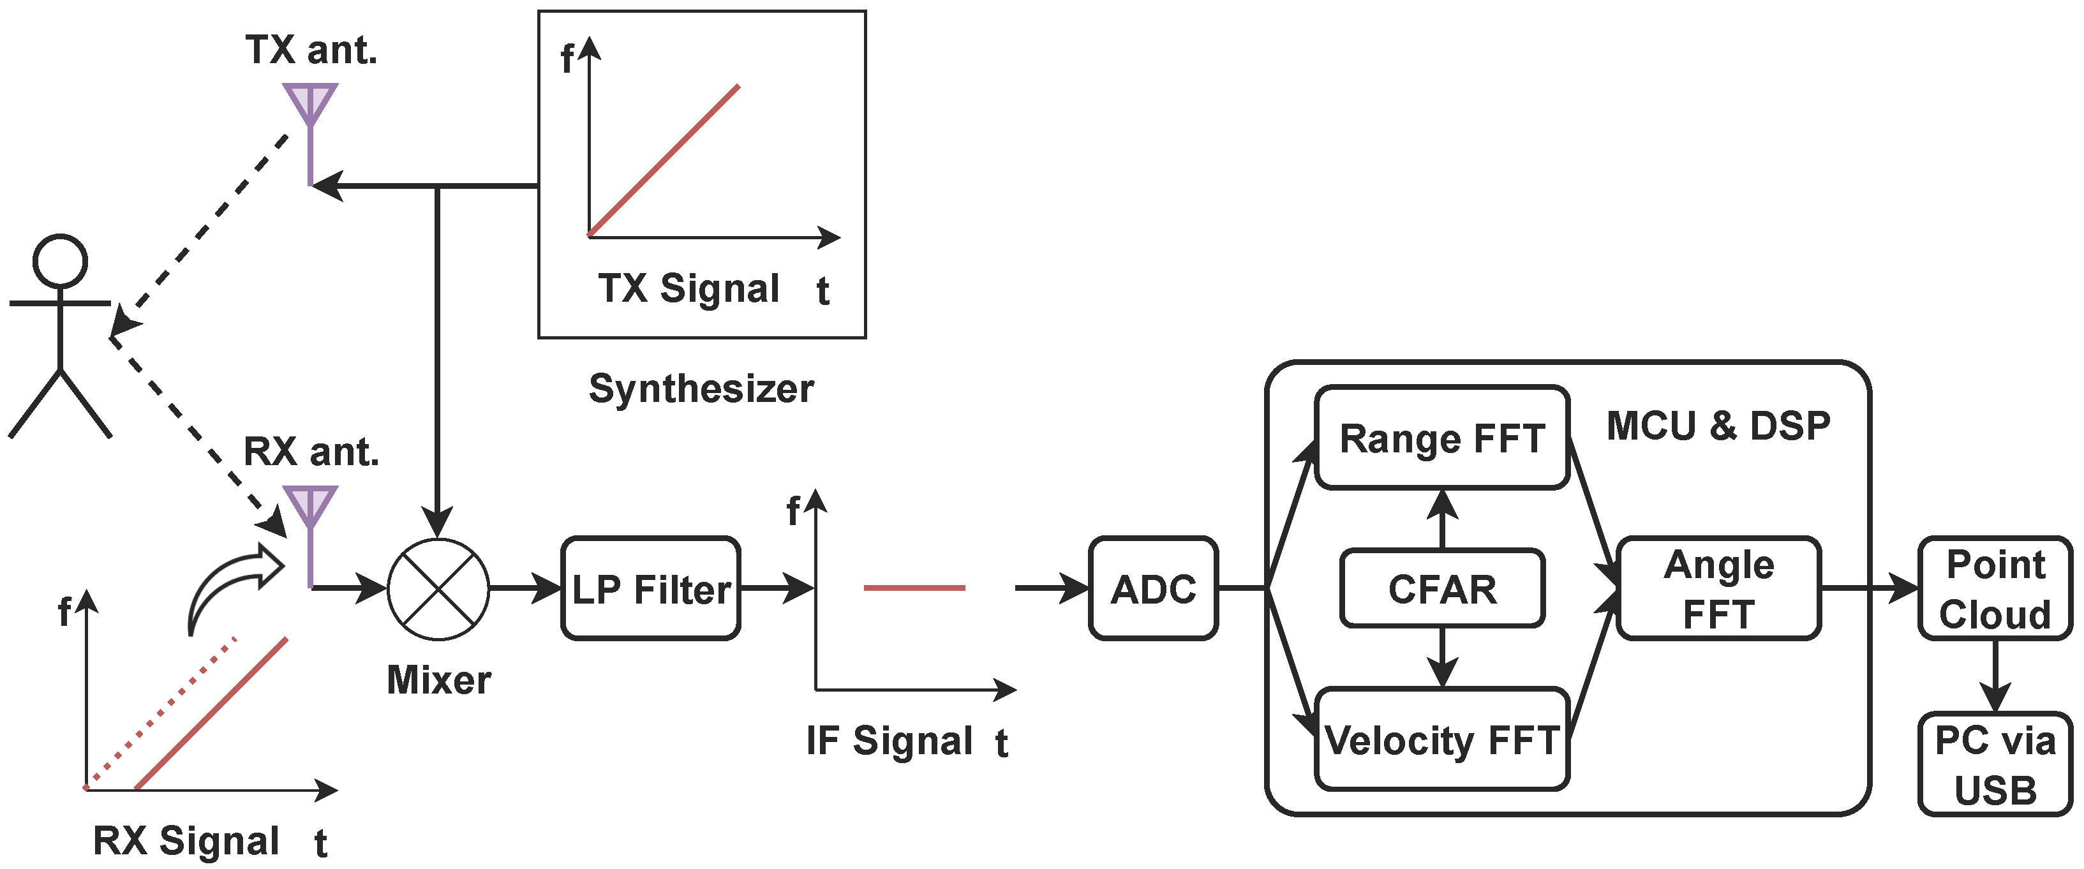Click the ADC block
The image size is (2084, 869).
1153,588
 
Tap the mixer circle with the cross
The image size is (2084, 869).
438,588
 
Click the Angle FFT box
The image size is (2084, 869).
1718,588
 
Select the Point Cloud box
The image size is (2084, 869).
1995,588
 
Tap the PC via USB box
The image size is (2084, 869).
1995,764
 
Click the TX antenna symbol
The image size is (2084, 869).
310,105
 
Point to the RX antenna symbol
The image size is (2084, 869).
310,508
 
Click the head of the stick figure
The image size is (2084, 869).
60,260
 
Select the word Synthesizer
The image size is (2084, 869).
701,389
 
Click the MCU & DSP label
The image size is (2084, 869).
1718,426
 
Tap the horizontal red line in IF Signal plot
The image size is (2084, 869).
914,588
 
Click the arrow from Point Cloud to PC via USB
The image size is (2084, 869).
1995,676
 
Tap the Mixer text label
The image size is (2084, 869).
438,680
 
